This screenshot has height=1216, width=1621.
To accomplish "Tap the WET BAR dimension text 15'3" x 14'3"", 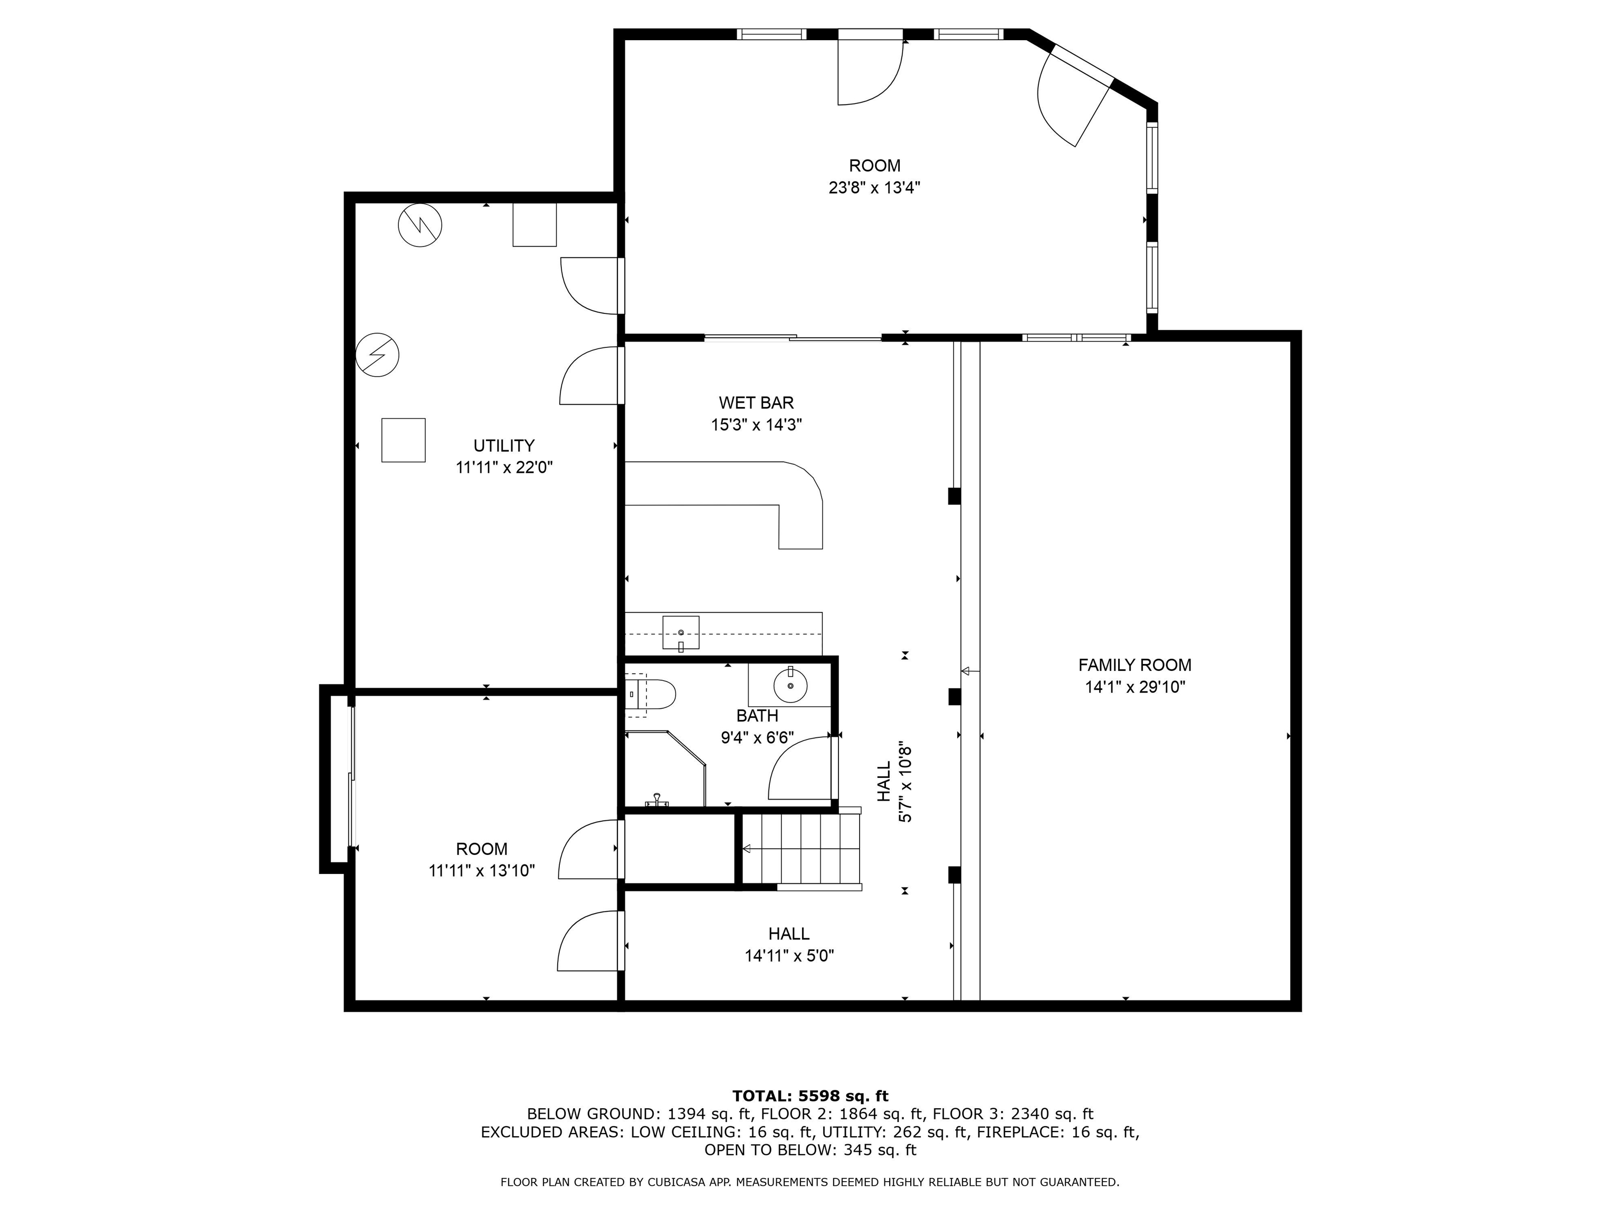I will coord(756,425).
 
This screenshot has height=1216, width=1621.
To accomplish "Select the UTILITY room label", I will coord(503,445).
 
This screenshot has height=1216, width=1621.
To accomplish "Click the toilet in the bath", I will coord(652,694).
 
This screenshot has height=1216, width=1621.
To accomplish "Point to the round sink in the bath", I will coord(791,686).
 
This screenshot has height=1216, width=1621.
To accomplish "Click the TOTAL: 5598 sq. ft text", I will coord(810,1096).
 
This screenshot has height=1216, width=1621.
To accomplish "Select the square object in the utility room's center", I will coord(403,440).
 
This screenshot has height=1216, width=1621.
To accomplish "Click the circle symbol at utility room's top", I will coord(420,225).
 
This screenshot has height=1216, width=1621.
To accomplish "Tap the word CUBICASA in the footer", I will coord(662,1182).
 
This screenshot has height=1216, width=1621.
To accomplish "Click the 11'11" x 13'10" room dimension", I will coord(481,871).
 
